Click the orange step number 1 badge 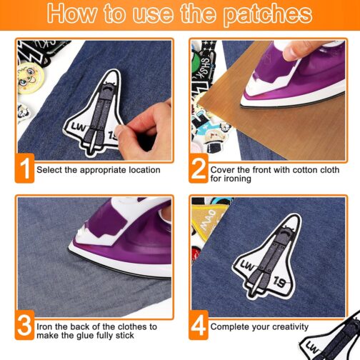[x=25, y=169]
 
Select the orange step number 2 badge [x=199, y=169]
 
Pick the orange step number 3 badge [x=25, y=325]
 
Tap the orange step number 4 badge [x=199, y=325]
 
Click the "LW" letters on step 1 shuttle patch [x=78, y=128]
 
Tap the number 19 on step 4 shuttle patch [x=279, y=282]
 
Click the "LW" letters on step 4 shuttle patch [x=247, y=266]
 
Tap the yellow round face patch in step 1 [x=30, y=78]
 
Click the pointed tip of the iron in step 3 [x=69, y=249]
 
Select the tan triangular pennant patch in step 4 [x=206, y=220]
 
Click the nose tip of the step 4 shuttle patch [x=299, y=216]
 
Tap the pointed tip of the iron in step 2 [x=241, y=105]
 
